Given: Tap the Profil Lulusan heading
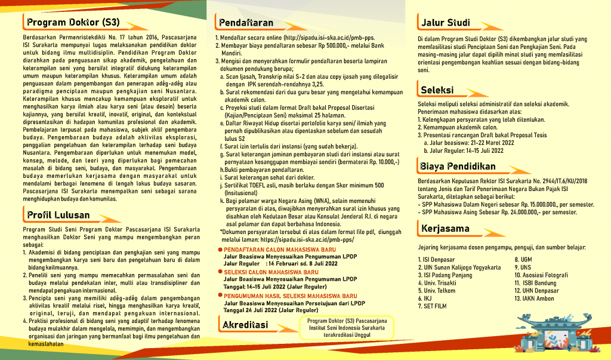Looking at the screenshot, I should click(58, 214).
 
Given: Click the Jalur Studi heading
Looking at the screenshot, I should click(445, 23).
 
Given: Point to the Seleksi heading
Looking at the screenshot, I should click(437, 90).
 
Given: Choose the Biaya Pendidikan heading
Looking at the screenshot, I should click(458, 165).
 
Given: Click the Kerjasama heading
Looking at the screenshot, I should click(445, 228).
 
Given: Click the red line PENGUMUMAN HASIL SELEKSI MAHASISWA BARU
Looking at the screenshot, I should click(290, 295).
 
